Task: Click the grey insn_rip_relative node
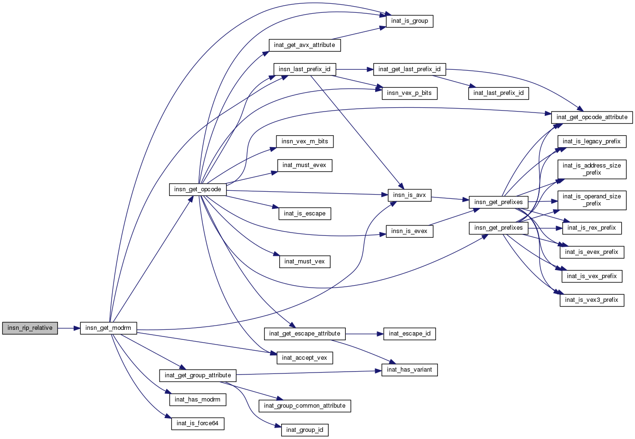point(30,328)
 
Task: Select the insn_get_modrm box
point(108,328)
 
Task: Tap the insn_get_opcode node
point(198,189)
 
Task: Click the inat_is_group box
point(409,21)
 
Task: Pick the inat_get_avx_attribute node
point(304,45)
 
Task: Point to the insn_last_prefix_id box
point(304,69)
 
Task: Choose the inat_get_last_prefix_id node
point(409,69)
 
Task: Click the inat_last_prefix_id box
point(498,93)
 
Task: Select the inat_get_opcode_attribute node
point(592,117)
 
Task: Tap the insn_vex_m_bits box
point(304,141)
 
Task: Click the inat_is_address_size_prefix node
point(592,169)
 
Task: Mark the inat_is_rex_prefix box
point(591,228)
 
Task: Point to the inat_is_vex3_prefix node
point(591,300)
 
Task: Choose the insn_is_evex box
point(409,231)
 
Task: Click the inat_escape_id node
point(409,334)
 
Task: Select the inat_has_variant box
point(409,370)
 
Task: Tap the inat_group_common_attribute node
point(304,406)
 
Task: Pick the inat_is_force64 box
point(197,423)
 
